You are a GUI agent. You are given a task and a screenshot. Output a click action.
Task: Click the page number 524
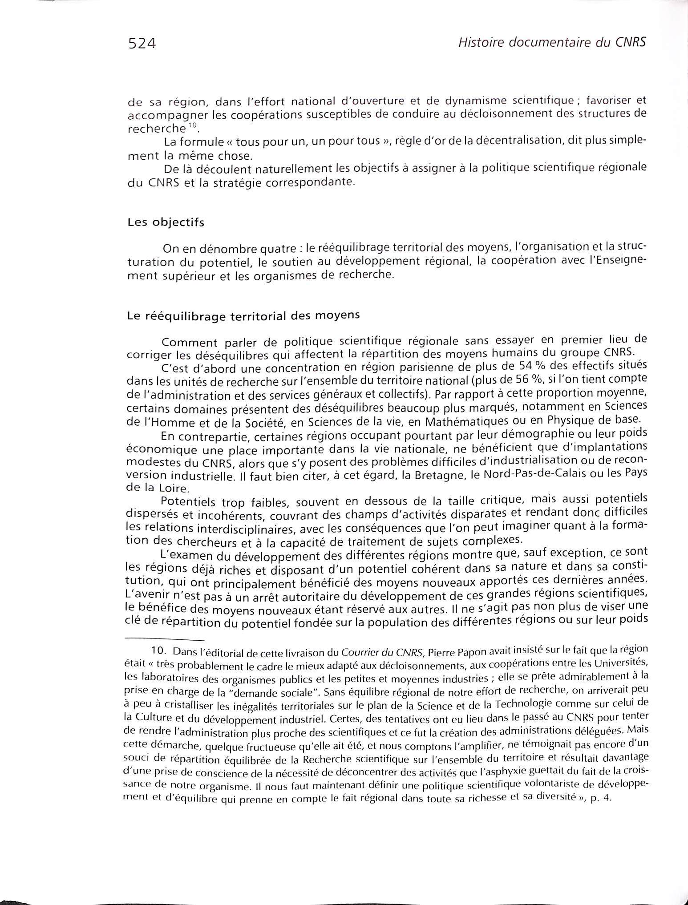tap(142, 44)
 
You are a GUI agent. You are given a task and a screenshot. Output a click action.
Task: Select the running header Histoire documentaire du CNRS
tap(546, 42)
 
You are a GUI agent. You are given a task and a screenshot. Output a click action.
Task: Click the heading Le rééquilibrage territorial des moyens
tap(243, 315)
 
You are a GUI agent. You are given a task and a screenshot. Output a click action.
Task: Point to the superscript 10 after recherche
tap(192, 125)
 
